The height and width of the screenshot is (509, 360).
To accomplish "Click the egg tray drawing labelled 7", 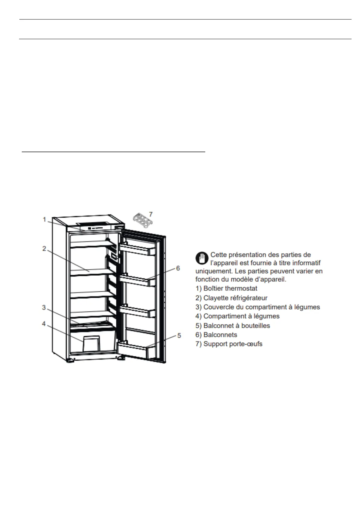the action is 142,220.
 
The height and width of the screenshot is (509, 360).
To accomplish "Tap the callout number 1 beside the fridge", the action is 44,219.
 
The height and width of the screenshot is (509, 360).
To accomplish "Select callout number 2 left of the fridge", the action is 44,248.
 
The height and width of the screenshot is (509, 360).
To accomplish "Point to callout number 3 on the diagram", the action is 44,307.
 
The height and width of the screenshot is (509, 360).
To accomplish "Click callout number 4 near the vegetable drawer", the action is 44,324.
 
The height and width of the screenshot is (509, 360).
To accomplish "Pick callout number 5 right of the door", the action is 179,336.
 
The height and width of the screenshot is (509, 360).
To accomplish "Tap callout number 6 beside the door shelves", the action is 178,268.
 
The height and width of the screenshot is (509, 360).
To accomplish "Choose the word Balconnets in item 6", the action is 220,335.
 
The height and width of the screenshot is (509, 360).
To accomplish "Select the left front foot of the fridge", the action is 71,361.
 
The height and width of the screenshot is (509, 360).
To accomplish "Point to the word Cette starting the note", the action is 219,255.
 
